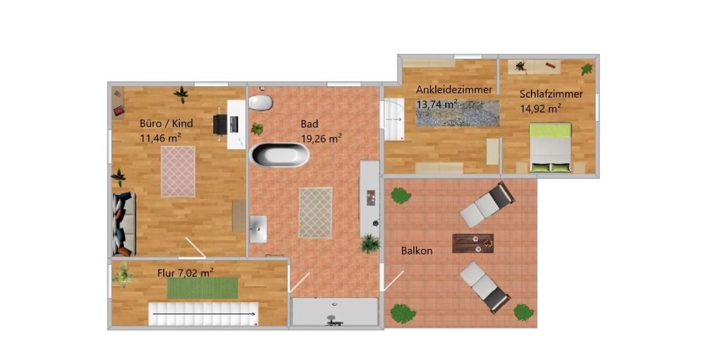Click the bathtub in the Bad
[280, 155]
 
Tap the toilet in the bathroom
[261, 103]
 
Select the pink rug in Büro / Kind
[178, 171]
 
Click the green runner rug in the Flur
[202, 288]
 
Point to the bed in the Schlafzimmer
[550, 148]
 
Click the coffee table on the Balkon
[473, 243]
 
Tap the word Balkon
[416, 250]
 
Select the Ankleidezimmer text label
[454, 89]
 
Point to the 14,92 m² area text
[540, 108]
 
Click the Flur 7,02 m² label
[185, 272]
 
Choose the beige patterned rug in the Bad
[316, 212]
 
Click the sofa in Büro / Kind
[124, 224]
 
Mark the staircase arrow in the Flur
[204, 313]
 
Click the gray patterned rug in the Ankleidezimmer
[457, 113]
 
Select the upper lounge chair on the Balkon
[487, 205]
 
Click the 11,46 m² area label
[161, 137]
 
